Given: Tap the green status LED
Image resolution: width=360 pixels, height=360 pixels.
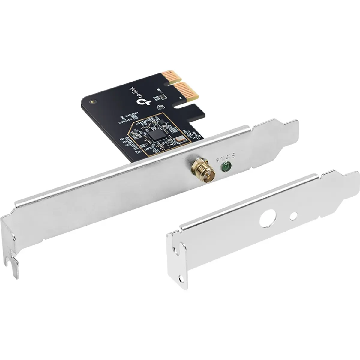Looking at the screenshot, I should tap(225, 166).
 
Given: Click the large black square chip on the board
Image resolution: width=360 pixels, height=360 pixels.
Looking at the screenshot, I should tap(157, 135).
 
